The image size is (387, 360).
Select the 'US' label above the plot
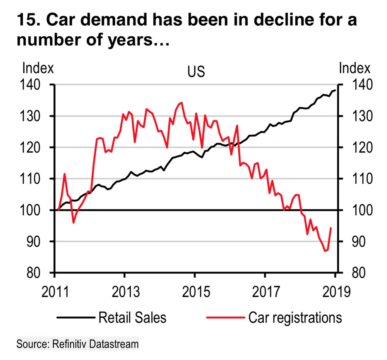pos(196,72)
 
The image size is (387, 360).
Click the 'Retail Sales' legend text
pos(132,317)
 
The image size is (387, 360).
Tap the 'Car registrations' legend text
pos(295,317)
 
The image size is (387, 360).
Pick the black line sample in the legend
pos(76,317)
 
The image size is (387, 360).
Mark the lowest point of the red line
pos(325,251)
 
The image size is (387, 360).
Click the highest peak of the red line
pos(181,102)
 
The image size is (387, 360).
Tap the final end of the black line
pos(335,90)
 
